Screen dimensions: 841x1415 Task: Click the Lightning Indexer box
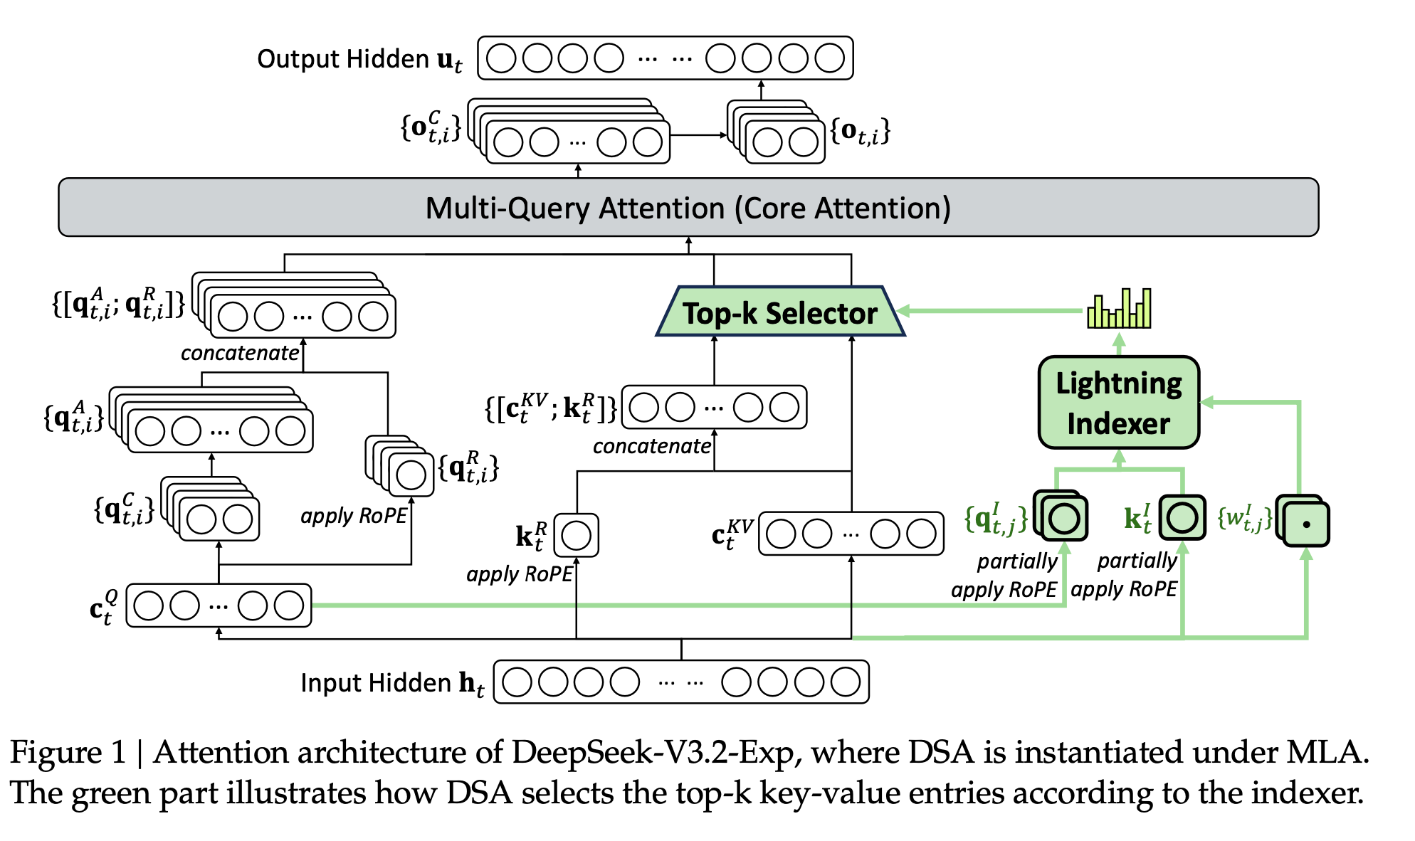point(1118,403)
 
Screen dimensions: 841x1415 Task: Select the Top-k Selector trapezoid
point(780,312)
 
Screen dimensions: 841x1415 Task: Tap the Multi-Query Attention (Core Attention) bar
point(688,208)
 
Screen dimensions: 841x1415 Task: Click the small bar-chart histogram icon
point(1119,309)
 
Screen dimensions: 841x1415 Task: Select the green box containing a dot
point(1306,524)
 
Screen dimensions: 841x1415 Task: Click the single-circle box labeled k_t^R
point(576,535)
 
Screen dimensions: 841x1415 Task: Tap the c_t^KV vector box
point(851,534)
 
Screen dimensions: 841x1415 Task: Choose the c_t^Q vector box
point(219,605)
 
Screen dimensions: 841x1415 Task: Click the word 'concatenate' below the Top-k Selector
point(651,446)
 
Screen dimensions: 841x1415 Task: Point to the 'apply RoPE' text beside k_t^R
point(519,574)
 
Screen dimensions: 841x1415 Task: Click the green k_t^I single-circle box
point(1182,517)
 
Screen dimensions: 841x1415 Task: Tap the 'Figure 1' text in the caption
point(68,752)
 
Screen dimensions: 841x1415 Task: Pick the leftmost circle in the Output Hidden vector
point(501,58)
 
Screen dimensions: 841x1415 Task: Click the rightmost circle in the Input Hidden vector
point(845,682)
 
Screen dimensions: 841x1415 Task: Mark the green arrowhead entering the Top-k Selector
point(903,310)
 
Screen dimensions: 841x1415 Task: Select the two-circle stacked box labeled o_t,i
point(784,141)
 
